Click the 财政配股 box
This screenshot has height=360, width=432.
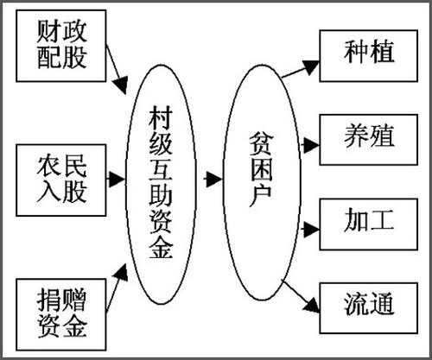coord(61,46)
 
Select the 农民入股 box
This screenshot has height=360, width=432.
coord(61,180)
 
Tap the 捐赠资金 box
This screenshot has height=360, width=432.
coord(61,314)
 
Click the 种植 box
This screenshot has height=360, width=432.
coord(369,56)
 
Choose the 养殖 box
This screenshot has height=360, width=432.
coord(369,140)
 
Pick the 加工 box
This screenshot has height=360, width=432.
coord(369,224)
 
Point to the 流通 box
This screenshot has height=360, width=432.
coord(369,308)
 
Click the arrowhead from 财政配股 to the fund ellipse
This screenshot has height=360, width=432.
coord(121,85)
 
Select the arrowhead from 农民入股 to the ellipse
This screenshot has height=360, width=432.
coord(117,180)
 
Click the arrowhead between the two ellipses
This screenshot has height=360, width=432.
coord(214,180)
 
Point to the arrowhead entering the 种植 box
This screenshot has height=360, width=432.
coord(311,67)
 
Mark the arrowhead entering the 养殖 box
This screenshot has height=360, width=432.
coord(312,145)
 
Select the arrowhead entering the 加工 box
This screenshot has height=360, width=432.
coord(312,230)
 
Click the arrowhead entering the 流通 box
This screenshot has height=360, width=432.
coord(312,306)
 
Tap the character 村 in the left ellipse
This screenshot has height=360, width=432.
coord(161,117)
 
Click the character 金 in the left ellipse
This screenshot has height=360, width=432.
coord(161,246)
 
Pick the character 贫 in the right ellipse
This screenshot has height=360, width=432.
coord(261,144)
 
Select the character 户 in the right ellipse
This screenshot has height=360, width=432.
coord(261,196)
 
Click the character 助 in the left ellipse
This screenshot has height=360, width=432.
coord(161,195)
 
